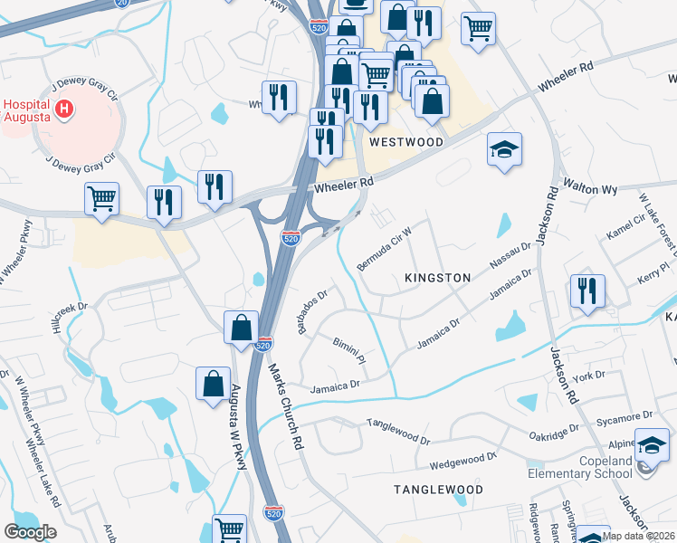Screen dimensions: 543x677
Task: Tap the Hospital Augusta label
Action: point(28,110)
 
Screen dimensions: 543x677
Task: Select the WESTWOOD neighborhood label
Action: point(405,142)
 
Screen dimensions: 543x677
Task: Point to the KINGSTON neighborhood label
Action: point(438,278)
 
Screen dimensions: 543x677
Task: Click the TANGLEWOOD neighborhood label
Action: point(438,489)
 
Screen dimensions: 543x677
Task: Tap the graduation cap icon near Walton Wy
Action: point(504,149)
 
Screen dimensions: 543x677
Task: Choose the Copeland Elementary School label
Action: point(581,466)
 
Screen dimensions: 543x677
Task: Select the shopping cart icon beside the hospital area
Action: point(102,198)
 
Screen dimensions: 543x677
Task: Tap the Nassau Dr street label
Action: point(510,255)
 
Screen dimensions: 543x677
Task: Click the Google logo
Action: point(30,531)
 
